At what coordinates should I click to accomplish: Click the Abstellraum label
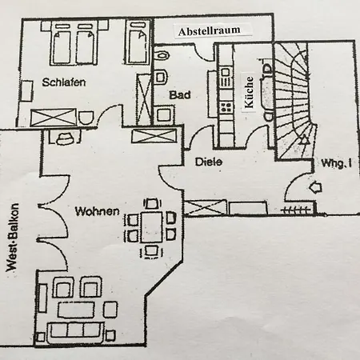pos(210,30)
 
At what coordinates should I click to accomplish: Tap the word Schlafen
pos(64,82)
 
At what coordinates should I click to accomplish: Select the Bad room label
pos(180,95)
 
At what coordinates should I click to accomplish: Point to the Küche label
pos(249,92)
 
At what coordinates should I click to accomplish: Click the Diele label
pos(209,162)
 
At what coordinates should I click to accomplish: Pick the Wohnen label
pos(98,211)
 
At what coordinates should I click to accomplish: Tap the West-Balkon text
pos(13,238)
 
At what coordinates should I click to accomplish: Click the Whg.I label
pos(337,163)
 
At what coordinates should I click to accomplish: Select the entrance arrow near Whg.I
pos(315,187)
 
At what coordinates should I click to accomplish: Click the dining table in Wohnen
pos(152,226)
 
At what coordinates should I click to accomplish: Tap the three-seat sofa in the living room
pos(75,332)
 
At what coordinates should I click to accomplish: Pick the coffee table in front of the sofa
pos(76,310)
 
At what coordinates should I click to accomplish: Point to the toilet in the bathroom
pos(162,55)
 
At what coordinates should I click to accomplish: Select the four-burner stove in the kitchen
pos(226,107)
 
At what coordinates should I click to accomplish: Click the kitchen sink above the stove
pos(226,77)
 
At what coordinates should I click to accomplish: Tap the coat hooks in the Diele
pos(296,210)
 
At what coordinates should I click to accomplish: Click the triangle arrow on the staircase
pos(302,139)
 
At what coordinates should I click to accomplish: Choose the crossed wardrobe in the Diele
pos(206,207)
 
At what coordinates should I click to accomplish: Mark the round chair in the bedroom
pos(86,118)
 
